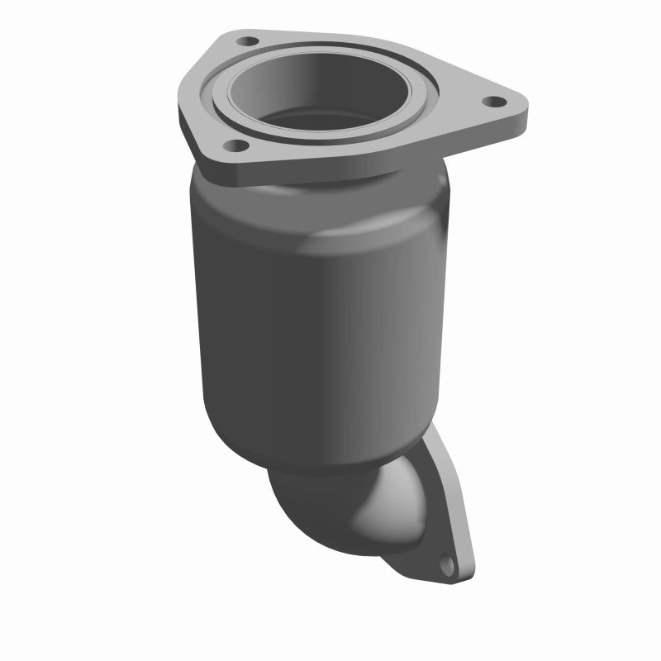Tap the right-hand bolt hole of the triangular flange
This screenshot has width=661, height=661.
click(494, 102)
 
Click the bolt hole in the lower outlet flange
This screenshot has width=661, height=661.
click(447, 567)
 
